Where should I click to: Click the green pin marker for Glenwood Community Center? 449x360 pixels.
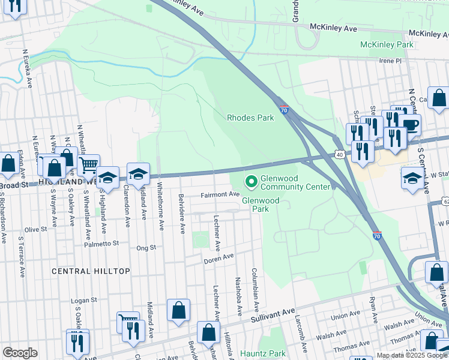[x=251, y=180]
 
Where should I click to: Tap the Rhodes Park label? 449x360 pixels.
[x=250, y=118]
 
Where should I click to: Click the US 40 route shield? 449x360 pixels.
[x=339, y=154]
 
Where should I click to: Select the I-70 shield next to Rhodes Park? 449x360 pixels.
[x=285, y=110]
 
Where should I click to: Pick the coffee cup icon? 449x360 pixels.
[x=411, y=125]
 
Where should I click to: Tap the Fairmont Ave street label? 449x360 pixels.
[x=220, y=194]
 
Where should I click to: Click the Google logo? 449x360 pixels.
[x=20, y=353]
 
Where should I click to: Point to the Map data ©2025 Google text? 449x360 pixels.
[x=411, y=355]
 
